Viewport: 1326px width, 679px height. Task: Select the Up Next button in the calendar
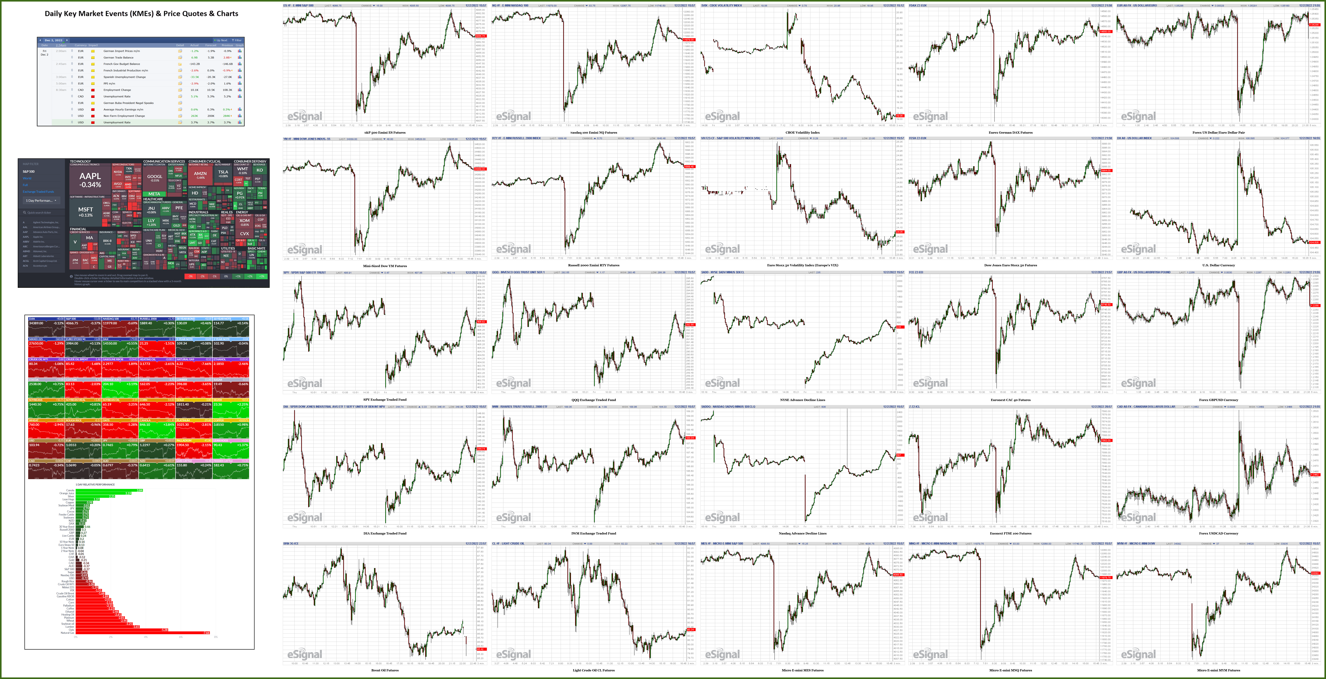pos(221,40)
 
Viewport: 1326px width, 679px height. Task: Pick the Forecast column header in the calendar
pos(210,45)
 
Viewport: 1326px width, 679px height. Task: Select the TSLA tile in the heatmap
pos(223,173)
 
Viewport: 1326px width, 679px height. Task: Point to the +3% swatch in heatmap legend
pos(262,276)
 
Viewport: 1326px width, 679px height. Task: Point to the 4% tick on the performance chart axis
pos(146,637)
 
